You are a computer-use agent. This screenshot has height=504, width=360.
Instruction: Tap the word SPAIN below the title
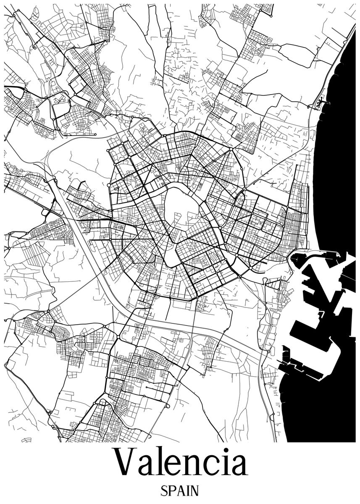[180, 491]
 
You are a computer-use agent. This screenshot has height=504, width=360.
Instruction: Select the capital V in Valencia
[126, 463]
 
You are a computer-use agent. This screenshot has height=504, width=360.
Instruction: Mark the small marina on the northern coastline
[322, 101]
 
